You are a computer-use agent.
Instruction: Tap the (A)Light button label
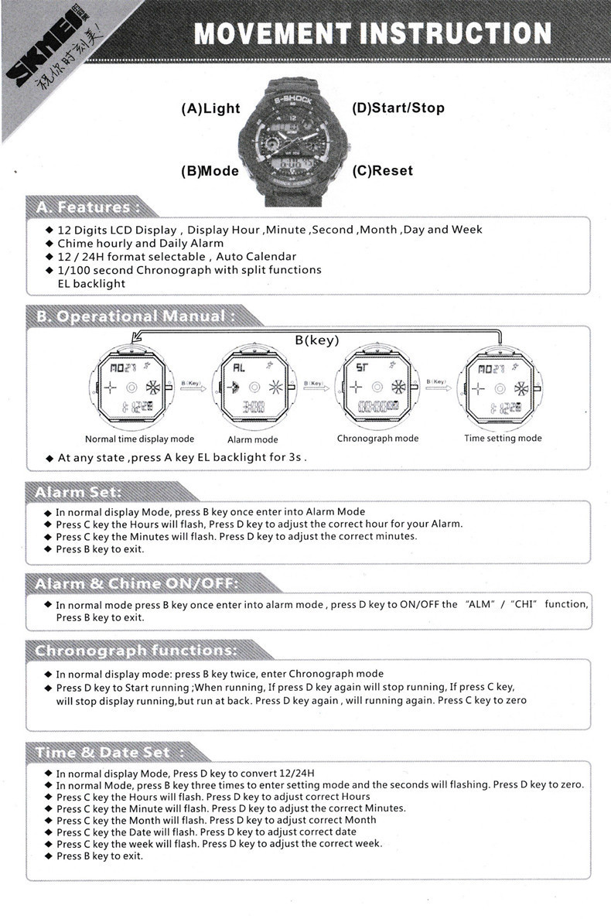tap(210, 109)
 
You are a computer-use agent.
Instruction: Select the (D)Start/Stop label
tap(398, 108)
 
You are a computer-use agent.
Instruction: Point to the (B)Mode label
tap(210, 171)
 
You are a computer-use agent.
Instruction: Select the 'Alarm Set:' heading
tap(77, 492)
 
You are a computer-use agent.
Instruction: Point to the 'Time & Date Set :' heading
tap(109, 752)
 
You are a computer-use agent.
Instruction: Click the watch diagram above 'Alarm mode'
tap(253, 387)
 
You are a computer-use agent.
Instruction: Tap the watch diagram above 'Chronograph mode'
tap(377, 387)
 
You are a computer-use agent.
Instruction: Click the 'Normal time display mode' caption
tap(139, 439)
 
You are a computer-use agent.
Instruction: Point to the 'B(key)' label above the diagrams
tap(317, 340)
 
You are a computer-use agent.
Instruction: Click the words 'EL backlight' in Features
tap(91, 284)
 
